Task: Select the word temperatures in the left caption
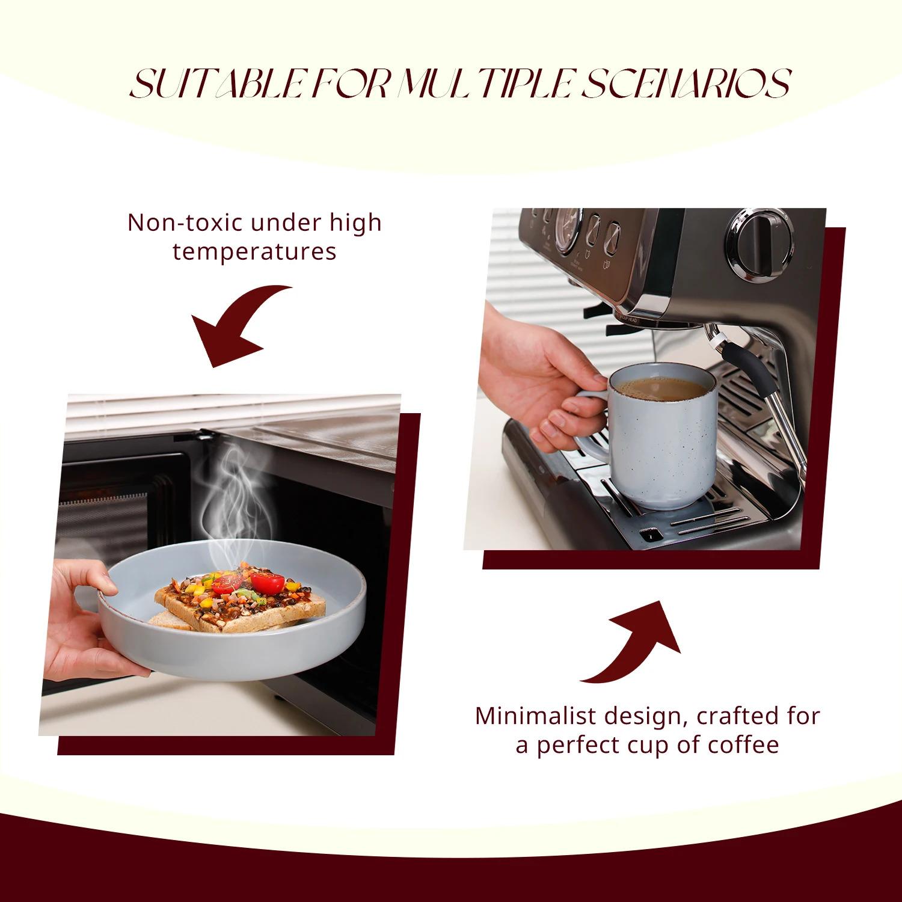click(x=254, y=251)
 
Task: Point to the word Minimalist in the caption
click(x=535, y=716)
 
